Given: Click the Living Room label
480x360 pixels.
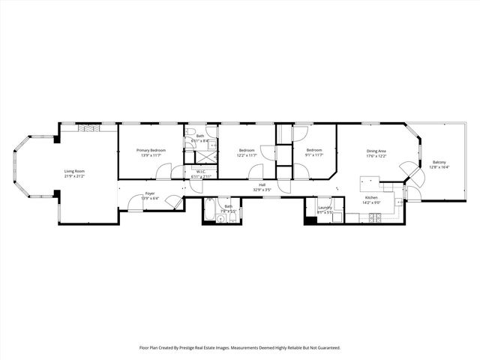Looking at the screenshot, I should click(x=74, y=171).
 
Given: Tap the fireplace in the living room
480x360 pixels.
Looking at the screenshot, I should click(x=88, y=127).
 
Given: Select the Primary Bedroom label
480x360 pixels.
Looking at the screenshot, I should click(x=151, y=151).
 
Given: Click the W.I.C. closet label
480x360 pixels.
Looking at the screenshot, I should click(x=202, y=172).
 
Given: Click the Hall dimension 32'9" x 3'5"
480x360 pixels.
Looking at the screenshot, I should click(x=262, y=190).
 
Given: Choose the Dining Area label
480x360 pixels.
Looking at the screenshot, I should click(x=376, y=151).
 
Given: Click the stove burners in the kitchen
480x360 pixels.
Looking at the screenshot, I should click(x=375, y=218).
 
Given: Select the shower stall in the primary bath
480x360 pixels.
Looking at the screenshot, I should click(x=201, y=157).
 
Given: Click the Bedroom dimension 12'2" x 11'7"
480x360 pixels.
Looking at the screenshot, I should click(x=247, y=155).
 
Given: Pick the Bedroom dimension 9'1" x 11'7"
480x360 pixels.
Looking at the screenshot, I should click(x=313, y=155).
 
